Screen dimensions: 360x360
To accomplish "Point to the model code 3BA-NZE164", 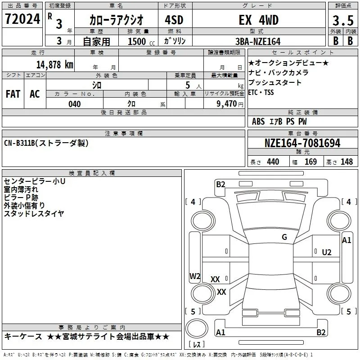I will (258, 41).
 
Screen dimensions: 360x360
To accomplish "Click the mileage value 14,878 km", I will (53, 64).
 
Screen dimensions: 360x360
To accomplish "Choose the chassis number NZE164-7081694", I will (302, 143).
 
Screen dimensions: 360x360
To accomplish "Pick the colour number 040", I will (74, 104).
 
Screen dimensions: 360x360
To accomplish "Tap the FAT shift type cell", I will (13, 94).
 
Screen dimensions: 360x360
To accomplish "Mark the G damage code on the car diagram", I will (284, 237).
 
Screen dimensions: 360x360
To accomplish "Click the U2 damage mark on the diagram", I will (326, 252).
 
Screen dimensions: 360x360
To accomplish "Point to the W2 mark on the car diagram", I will (195, 276).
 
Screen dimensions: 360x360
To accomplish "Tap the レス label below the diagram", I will (197, 345).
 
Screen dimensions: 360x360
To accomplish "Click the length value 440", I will (273, 162).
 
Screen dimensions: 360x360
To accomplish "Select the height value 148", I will (346, 162).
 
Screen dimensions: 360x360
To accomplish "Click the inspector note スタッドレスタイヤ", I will (34, 214).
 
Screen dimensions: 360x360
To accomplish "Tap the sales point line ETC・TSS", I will (261, 92).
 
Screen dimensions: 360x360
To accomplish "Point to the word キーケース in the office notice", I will (23, 337).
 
